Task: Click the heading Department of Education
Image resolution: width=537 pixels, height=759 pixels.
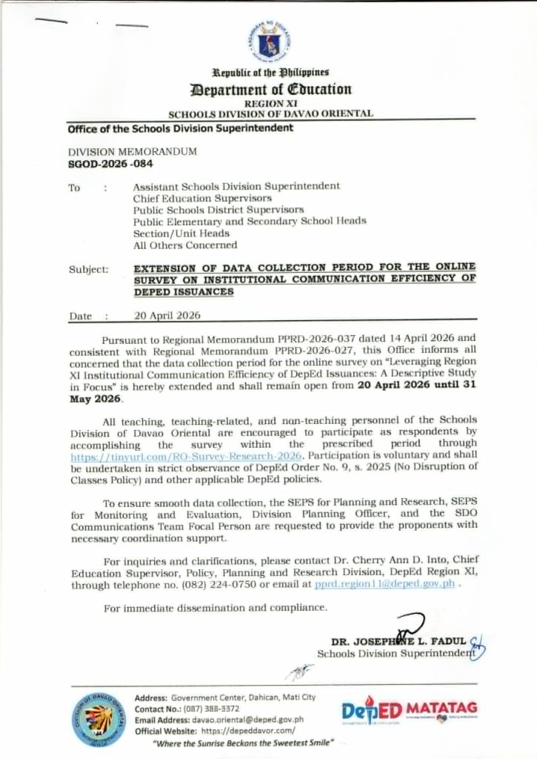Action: click(270, 90)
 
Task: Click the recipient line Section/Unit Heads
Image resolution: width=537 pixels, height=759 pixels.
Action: click(181, 233)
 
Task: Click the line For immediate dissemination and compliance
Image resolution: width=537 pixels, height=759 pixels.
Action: click(215, 608)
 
